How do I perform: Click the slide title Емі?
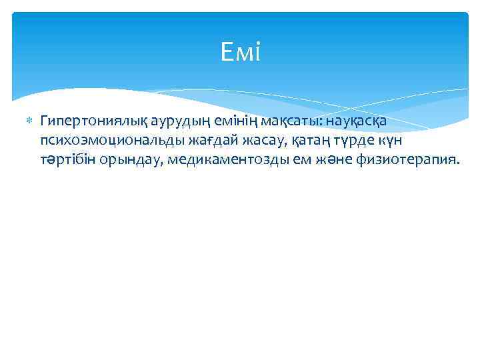tap(239, 52)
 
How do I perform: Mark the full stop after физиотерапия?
tap(457, 164)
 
